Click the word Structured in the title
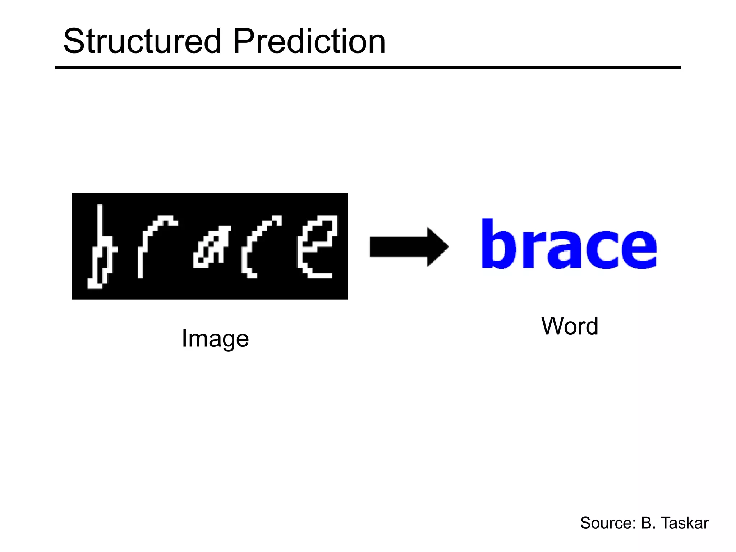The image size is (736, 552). (142, 42)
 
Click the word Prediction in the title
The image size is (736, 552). (309, 42)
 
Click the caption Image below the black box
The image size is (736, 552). (215, 339)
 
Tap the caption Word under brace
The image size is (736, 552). (570, 326)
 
